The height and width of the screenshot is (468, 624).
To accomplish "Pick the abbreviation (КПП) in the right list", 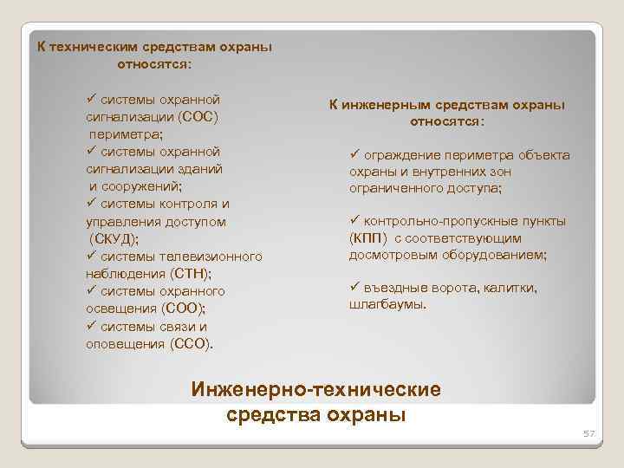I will point(369,237).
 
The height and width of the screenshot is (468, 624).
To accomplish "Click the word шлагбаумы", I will point(387,304).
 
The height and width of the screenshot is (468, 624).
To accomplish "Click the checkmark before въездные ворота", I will point(354,287).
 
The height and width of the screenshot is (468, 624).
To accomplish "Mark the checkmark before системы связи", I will point(92,325).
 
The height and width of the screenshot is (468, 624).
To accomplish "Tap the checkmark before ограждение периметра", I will point(354,153).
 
